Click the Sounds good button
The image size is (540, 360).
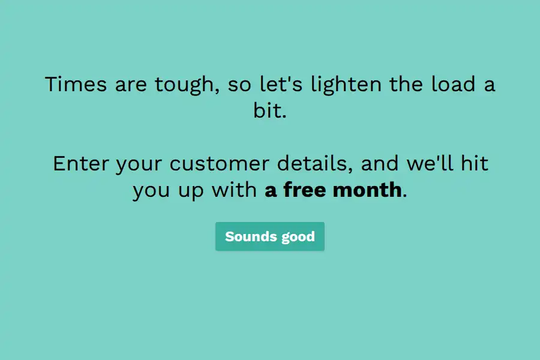coord(270,236)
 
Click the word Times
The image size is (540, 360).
coord(76,84)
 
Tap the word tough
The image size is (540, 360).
coord(187,85)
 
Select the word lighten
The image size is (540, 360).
coord(346,85)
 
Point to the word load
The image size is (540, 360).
coord(453,84)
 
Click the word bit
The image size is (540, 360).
coord(270,110)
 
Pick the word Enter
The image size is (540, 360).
coord(81,163)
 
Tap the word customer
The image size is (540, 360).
coord(220,163)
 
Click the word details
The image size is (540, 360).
coord(315,163)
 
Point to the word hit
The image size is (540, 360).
coord(475,163)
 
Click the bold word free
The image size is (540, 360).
coord(304,190)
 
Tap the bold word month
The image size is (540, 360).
coord(367,190)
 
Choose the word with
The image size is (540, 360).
coord(234,190)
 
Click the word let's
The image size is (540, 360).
coord(281,84)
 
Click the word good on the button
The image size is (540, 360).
coord(298,238)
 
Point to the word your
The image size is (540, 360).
coord(139,164)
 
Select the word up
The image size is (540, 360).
coord(191,191)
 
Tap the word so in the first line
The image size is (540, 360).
coord(239,85)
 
